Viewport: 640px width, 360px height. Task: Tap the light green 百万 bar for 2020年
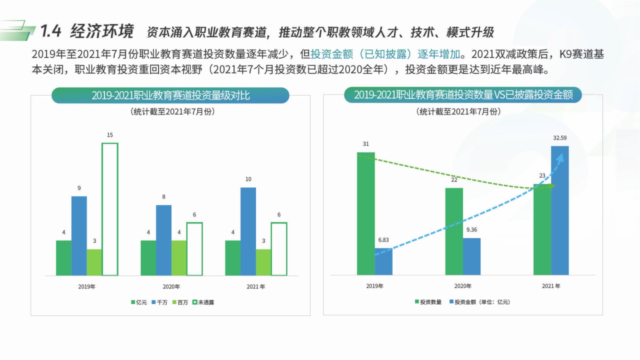pos(179,258)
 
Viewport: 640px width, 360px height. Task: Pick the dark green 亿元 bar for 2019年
pos(63,258)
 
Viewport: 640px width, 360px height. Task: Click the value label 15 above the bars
pos(110,135)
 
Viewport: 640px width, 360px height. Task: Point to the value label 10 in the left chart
pos(248,179)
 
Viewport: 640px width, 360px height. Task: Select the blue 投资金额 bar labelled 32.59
pos(560,210)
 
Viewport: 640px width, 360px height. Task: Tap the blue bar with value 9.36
pos(471,256)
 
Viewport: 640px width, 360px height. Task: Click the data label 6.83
pos(383,239)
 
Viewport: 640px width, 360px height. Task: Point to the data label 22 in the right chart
pos(454,179)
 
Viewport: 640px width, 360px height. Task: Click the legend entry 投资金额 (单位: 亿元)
pos(480,302)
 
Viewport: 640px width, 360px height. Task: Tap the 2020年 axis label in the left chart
pos(171,286)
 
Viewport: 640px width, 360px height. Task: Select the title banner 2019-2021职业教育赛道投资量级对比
pos(170,95)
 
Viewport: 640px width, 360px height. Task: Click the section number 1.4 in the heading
pos(50,31)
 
